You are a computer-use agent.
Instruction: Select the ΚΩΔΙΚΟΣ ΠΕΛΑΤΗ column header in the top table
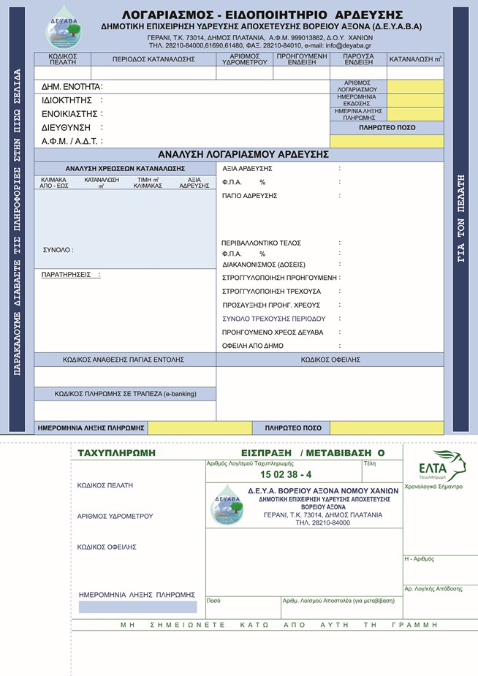tap(62, 59)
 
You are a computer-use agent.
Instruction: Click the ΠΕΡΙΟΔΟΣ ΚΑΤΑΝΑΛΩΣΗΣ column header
tap(153, 59)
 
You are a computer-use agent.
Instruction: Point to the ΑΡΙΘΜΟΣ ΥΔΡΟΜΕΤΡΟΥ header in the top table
tap(244, 59)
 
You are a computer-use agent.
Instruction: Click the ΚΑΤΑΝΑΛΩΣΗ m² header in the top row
tap(414, 59)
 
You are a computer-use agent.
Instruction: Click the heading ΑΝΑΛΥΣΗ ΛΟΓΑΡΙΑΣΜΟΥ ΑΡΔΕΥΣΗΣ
tap(243, 155)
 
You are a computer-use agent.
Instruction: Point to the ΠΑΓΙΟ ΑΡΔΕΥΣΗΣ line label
tap(249, 196)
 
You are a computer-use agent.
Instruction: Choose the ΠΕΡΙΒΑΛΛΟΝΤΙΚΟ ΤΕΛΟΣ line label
tap(261, 243)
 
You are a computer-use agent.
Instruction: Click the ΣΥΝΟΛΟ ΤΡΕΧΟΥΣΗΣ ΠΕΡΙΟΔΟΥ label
tap(273, 319)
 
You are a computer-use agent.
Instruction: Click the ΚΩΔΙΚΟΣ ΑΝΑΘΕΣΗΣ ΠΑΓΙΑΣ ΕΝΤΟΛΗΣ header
tap(124, 360)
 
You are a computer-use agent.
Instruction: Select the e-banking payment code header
tap(125, 394)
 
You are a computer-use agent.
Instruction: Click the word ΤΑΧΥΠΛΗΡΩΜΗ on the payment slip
tap(116, 453)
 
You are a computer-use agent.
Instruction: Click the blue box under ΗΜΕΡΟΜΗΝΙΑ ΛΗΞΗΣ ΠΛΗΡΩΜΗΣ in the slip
tap(137, 607)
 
